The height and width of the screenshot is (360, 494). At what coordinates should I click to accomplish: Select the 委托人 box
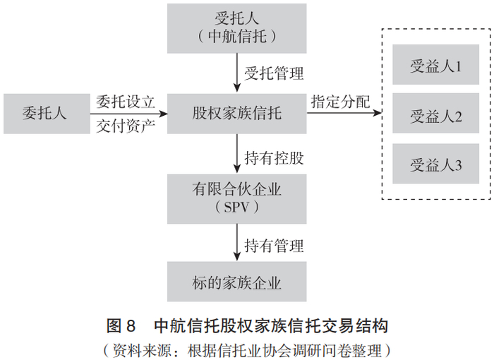click(44, 113)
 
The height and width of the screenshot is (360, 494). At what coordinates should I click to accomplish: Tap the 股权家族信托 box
click(237, 113)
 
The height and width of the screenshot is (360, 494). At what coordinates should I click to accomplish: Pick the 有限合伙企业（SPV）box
click(237, 198)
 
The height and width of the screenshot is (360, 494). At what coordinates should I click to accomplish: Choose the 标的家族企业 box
click(237, 283)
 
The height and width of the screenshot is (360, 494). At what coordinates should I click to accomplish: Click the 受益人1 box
click(435, 68)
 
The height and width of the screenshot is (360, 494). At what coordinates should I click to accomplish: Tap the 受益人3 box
click(435, 165)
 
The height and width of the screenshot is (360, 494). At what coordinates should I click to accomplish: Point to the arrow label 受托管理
click(275, 73)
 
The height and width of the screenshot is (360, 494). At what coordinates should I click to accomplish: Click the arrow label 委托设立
click(125, 101)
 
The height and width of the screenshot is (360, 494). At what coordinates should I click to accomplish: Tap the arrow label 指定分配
click(340, 101)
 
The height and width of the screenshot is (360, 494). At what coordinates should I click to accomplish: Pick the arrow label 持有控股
click(275, 157)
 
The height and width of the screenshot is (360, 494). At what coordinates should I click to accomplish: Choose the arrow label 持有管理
click(275, 245)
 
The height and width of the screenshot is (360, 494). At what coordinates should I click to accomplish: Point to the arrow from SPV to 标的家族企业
click(237, 244)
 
